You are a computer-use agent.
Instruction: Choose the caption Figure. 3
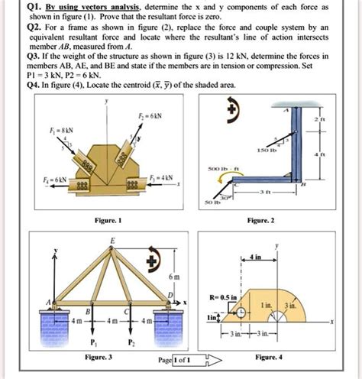point(99,357)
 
